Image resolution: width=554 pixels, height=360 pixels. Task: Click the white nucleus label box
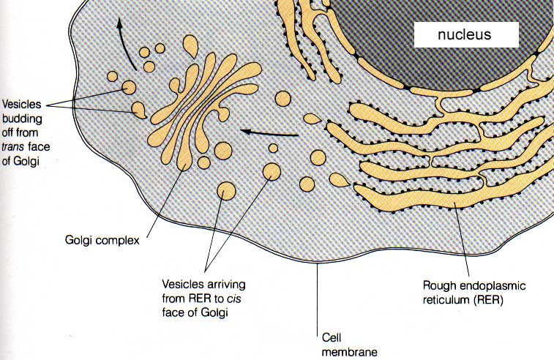(x=466, y=34)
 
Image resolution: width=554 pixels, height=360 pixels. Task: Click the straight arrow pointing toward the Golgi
(x=271, y=132)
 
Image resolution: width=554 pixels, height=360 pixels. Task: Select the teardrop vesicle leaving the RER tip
(x=312, y=119)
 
